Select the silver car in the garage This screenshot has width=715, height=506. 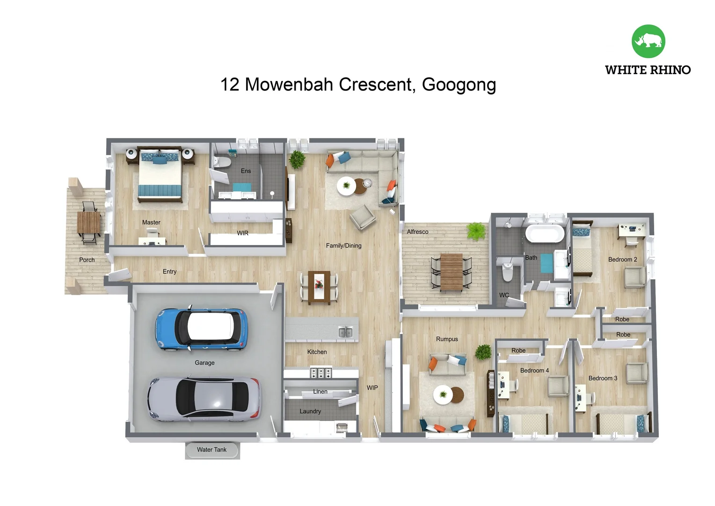click(x=204, y=399)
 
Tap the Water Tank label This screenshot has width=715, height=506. click(x=212, y=450)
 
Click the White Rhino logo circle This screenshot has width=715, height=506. click(x=648, y=41)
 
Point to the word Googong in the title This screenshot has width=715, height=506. click(x=459, y=85)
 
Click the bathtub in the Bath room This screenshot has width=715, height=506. click(x=545, y=234)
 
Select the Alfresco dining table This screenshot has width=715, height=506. click(x=452, y=272)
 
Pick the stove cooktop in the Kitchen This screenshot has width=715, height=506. click(x=321, y=373)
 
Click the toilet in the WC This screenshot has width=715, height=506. click(x=507, y=271)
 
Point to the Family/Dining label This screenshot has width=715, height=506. click(x=343, y=246)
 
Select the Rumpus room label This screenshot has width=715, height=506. click(x=447, y=339)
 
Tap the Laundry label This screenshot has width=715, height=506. click(x=310, y=411)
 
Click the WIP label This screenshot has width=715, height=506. click(x=372, y=388)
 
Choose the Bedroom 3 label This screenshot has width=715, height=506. click(x=603, y=378)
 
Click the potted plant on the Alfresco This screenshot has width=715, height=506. click(x=476, y=231)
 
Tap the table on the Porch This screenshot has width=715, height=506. click(x=88, y=223)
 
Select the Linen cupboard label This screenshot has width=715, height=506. click(x=320, y=392)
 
